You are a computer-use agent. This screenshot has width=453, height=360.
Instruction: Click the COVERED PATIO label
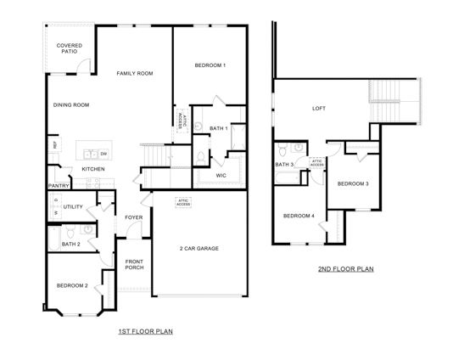(69, 48)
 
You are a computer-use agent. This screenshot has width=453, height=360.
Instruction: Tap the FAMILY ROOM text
(135, 74)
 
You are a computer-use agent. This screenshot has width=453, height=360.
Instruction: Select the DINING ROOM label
(71, 104)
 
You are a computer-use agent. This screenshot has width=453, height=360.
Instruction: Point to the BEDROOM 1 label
(210, 65)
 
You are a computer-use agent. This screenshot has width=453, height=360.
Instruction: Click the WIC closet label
(221, 176)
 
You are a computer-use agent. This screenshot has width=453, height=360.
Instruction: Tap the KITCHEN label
(93, 169)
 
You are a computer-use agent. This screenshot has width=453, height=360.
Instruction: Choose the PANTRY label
(59, 185)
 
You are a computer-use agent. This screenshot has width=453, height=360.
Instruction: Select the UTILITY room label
(73, 206)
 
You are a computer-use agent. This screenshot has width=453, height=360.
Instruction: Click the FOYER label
(134, 217)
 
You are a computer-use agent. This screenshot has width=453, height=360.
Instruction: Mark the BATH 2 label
(71, 245)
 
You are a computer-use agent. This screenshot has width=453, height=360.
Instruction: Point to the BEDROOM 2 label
(73, 285)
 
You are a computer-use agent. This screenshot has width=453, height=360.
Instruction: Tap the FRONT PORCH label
(135, 264)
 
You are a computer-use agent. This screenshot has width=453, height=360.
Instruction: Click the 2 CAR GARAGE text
(199, 248)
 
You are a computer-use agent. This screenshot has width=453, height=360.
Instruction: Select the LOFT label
(319, 108)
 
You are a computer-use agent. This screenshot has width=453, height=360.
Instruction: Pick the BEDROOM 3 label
(353, 183)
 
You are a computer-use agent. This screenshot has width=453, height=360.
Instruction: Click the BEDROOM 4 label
(299, 216)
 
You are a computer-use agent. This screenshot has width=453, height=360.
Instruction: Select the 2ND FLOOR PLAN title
(346, 269)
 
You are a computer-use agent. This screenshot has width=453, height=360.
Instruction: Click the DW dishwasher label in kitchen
(103, 154)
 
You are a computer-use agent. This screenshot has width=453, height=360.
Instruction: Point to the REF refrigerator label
(56, 145)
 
